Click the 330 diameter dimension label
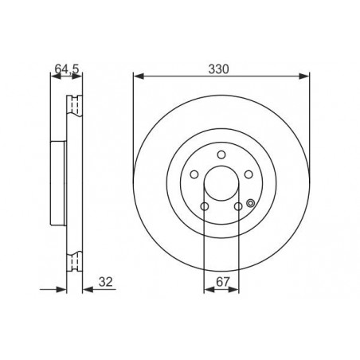[218, 69]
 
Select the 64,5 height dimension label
[67, 69]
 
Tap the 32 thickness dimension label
[106, 282]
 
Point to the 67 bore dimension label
[222, 282]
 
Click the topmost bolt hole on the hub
[221, 155]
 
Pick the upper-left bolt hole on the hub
[194, 174]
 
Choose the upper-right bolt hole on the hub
[248, 174]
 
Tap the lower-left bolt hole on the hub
[205, 206]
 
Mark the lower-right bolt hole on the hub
[238, 206]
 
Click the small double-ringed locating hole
[250, 203]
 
